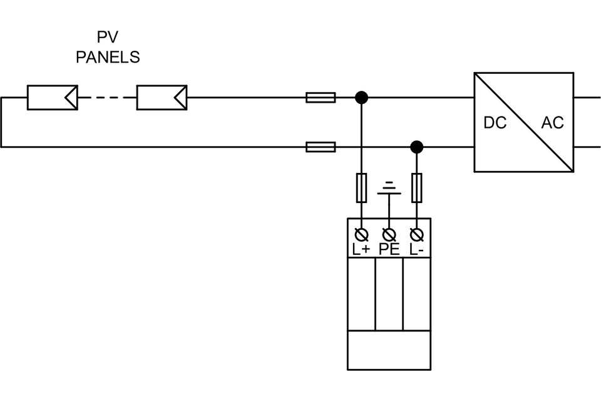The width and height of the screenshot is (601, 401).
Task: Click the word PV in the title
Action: click(x=108, y=38)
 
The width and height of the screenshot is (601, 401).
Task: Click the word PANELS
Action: click(x=108, y=58)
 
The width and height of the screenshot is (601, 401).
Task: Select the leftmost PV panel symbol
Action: click(x=53, y=98)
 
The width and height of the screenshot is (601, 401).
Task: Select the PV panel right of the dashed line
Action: click(x=162, y=98)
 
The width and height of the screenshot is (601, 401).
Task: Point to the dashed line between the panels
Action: click(x=107, y=98)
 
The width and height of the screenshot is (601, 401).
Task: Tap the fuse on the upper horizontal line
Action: click(x=321, y=98)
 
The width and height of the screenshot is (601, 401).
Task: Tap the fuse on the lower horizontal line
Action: click(x=321, y=147)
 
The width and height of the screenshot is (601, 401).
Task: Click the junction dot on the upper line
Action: click(x=361, y=98)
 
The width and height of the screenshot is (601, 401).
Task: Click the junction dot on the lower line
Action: click(x=417, y=147)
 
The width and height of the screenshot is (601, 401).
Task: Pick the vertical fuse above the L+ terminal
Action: click(x=361, y=188)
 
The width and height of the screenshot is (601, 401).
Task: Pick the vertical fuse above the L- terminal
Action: click(x=417, y=188)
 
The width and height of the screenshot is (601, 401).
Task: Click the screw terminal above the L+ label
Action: click(x=361, y=234)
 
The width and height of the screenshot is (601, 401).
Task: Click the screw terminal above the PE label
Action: click(x=389, y=234)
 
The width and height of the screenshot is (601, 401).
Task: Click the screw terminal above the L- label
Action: click(x=417, y=234)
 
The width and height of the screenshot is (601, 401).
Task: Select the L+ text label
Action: click(x=361, y=249)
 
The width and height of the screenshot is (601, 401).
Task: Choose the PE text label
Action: click(x=389, y=249)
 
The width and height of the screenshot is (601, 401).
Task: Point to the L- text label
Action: click(x=417, y=249)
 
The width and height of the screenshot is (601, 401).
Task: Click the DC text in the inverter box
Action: click(x=495, y=123)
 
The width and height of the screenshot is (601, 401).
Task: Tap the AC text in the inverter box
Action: click(x=552, y=123)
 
